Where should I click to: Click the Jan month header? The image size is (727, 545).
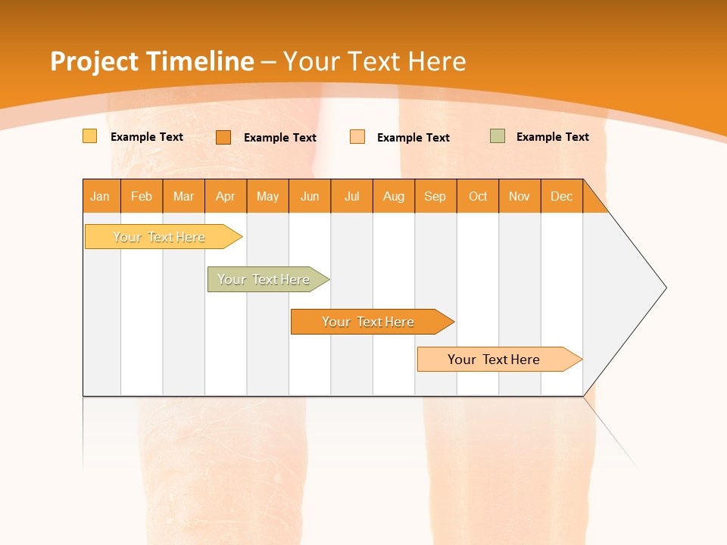coord(101,196)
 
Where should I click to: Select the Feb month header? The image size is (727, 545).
coord(142,196)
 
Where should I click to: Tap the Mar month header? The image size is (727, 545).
coord(183,196)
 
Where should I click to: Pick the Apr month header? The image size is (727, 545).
coord(226,196)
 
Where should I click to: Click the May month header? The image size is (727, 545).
coord(267,196)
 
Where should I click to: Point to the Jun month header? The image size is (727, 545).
coord(310,196)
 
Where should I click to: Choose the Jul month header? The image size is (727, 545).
coord(351,196)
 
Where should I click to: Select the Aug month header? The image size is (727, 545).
coord(394,196)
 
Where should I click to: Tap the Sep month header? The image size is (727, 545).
coord(435,196)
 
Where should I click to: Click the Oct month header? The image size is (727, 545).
coord(478,196)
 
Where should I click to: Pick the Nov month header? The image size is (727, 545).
coord(520,196)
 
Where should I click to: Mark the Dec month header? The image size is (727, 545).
coord(562,196)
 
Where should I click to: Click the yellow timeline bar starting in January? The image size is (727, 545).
coord(160,237)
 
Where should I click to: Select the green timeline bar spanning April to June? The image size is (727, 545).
coord(264,279)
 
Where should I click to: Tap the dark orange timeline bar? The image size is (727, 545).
coord(369,322)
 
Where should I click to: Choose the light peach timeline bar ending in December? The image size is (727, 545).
coord(495,360)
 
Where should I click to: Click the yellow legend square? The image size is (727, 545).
coord(89,136)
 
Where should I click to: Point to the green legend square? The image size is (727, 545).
coord(498,136)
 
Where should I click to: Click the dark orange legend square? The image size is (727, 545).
coord(223,137)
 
